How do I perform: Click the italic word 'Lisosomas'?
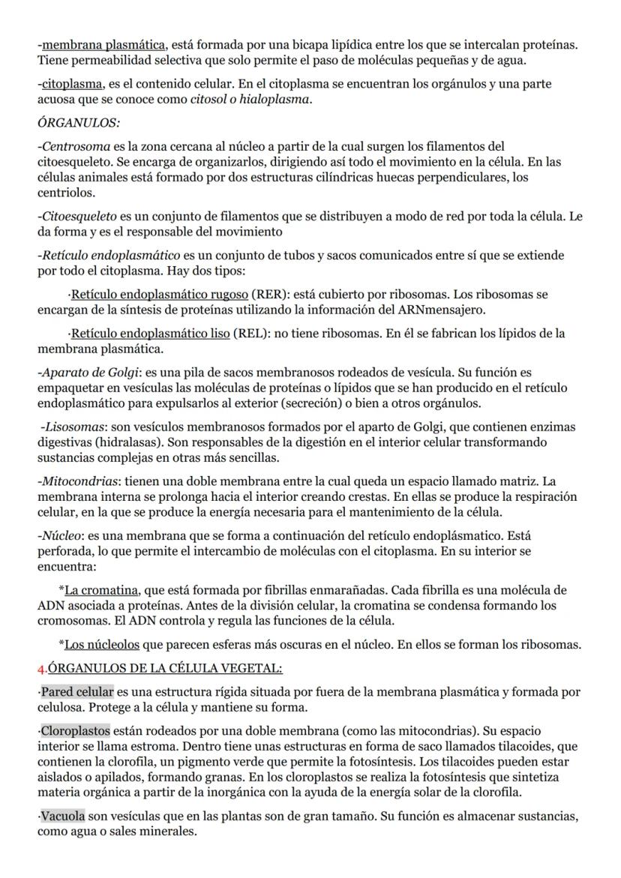75,427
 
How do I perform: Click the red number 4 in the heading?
42,667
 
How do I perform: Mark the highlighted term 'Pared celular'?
77,691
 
